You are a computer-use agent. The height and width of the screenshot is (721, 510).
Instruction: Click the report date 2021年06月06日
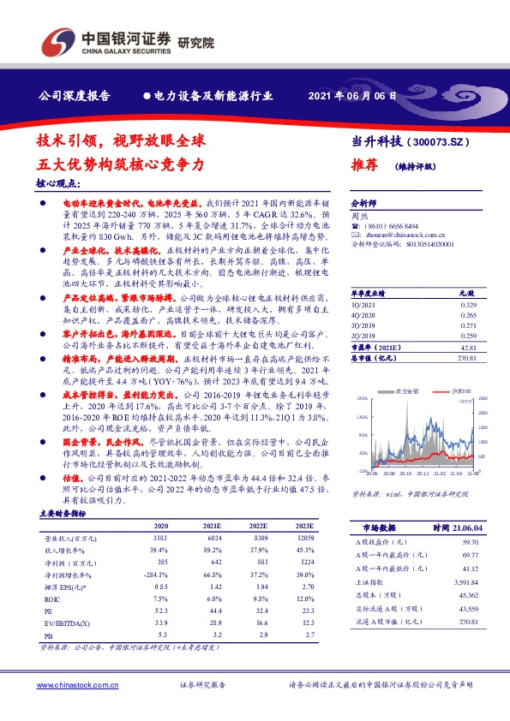click(354, 97)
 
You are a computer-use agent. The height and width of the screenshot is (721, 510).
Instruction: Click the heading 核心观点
click(58, 183)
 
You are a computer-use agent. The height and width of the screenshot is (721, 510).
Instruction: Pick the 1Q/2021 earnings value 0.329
click(467, 280)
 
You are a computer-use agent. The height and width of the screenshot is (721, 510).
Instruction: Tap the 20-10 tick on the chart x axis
click(406, 472)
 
